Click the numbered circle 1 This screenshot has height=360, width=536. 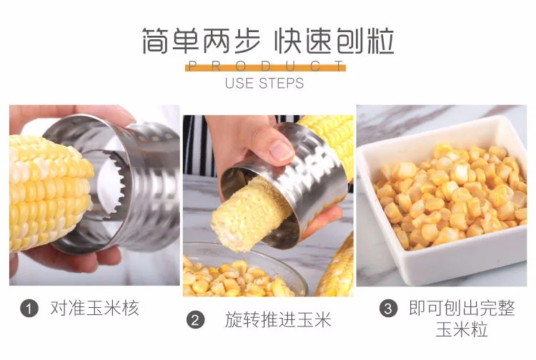[29, 308]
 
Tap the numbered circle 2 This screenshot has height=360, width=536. [196, 320]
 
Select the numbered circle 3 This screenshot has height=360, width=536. [388, 308]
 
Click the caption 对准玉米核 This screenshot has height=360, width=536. [94, 308]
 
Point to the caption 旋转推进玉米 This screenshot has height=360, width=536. [278, 320]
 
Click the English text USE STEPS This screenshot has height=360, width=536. [264, 84]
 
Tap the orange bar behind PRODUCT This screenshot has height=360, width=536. [265, 67]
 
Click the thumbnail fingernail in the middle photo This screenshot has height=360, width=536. [281, 150]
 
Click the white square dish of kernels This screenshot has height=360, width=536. [442, 200]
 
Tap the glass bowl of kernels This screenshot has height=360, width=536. [244, 270]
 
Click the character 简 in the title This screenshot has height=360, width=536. [155, 41]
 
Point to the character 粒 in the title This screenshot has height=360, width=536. [381, 41]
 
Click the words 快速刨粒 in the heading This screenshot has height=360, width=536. [334, 41]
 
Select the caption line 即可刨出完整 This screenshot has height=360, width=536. [462, 308]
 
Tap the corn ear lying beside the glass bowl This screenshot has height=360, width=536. [336, 266]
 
